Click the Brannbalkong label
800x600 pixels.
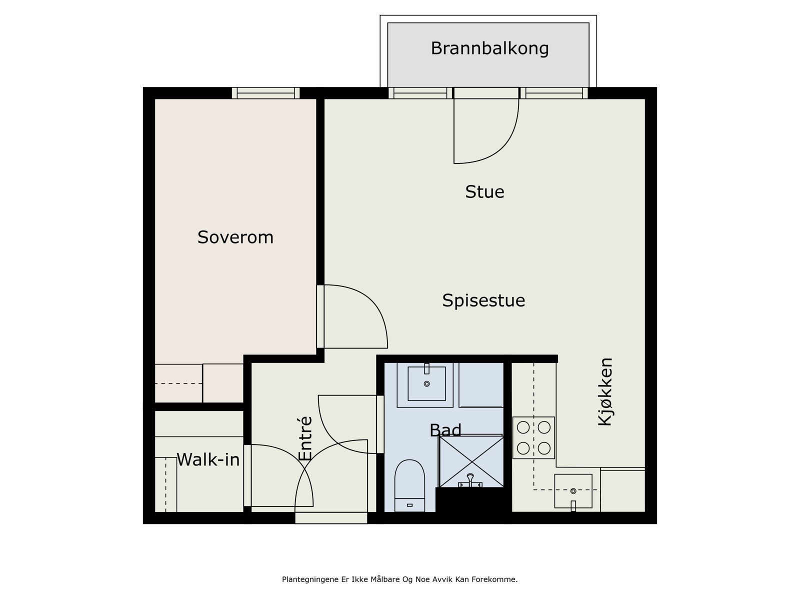[489, 48]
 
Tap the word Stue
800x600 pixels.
[484, 191]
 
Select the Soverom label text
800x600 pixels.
[235, 237]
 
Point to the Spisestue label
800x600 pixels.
[483, 300]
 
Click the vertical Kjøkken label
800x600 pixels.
[605, 391]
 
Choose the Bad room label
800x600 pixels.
[445, 430]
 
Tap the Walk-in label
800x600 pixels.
[208, 459]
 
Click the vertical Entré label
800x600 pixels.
[305, 438]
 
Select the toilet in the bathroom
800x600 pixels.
[409, 485]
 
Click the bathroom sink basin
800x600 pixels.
[426, 383]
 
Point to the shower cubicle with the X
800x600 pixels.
[471, 461]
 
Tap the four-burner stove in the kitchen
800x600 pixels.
[533, 438]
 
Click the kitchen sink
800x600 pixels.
[573, 491]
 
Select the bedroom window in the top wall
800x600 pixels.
[265, 93]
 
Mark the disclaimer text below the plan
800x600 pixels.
[399, 579]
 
